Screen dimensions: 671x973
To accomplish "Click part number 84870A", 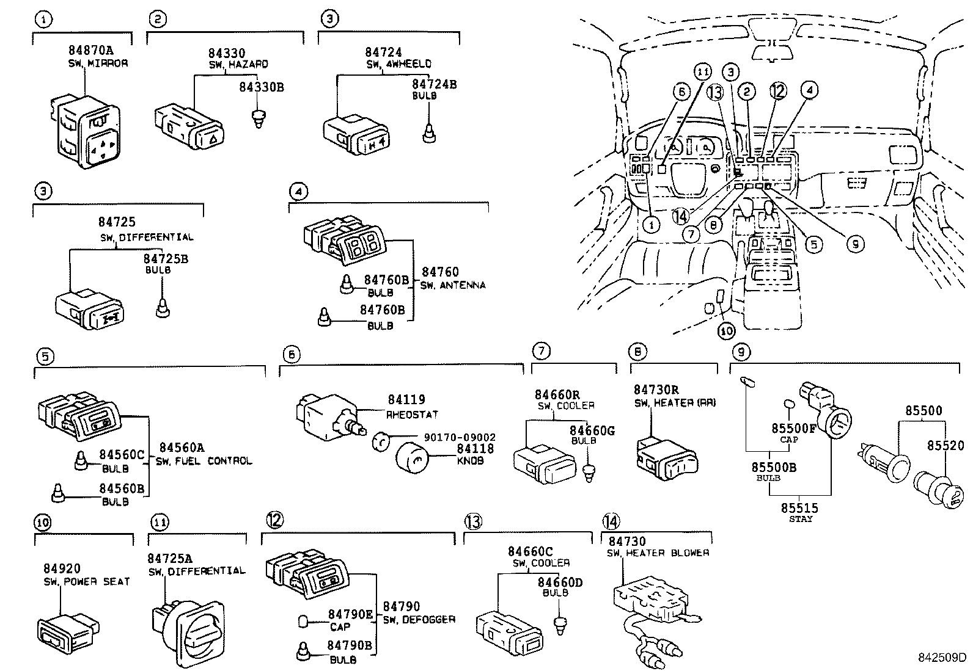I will [90, 51].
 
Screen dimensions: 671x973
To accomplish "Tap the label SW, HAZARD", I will [238, 64].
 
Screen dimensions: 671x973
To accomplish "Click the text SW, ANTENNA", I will [453, 285].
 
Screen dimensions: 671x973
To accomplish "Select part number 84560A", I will [182, 448].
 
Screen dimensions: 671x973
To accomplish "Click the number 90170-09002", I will [460, 437].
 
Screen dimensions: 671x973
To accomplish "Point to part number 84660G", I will [592, 431].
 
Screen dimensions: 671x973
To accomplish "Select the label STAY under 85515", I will [800, 519].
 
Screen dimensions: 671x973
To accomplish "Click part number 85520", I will [945, 446].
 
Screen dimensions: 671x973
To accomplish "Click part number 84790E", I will [350, 614].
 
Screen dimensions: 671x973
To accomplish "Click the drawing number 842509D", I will [942, 658].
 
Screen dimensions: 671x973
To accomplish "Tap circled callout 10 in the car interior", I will [727, 331].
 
